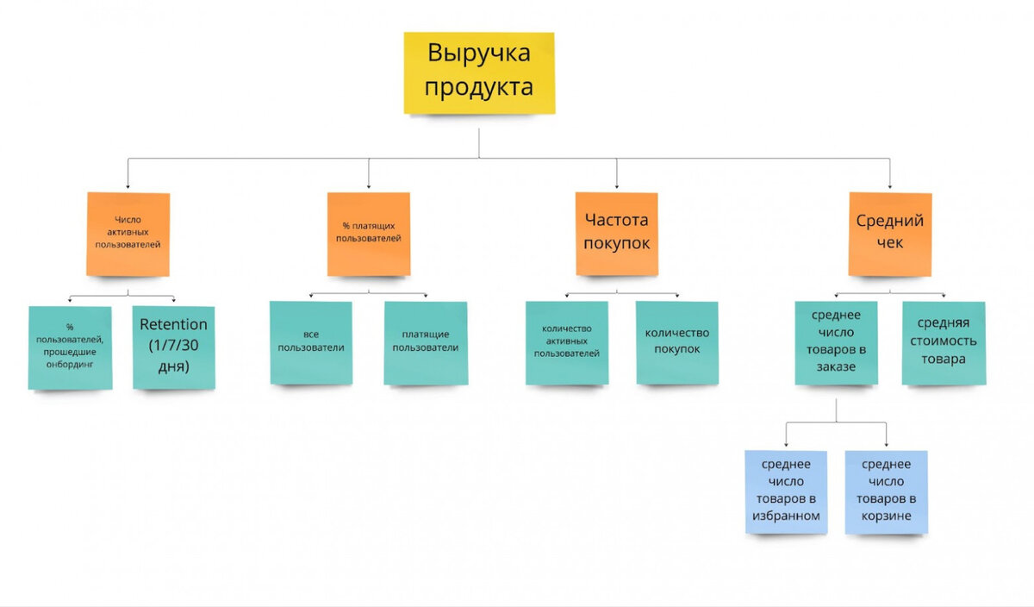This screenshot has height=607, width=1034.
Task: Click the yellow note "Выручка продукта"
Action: (479, 72)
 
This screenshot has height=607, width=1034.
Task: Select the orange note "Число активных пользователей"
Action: (128, 234)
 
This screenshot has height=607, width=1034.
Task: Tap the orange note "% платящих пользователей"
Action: (369, 234)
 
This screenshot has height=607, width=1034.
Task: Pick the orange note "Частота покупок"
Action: (616, 234)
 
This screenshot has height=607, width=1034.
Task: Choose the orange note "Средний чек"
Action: (890, 234)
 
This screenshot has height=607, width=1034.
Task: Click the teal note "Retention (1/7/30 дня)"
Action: (173, 346)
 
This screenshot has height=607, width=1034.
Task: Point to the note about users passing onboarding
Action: (70, 347)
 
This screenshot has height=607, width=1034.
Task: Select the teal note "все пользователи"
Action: (311, 342)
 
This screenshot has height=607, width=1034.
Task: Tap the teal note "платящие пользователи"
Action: (426, 342)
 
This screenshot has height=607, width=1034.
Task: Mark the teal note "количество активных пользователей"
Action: (567, 342)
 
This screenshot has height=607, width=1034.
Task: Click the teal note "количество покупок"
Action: (677, 342)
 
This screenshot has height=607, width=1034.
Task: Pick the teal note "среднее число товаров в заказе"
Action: (836, 342)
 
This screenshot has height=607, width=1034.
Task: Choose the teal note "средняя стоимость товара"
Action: (944, 342)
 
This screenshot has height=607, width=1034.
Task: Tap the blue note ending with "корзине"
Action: (887, 491)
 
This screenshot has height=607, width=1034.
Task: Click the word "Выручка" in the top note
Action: (478, 53)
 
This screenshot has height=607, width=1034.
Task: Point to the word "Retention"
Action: (173, 325)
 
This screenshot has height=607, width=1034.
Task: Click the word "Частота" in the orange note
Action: (616, 221)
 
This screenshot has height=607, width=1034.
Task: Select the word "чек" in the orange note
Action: (890, 243)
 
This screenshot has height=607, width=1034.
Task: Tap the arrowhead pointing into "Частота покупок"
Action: (616, 185)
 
